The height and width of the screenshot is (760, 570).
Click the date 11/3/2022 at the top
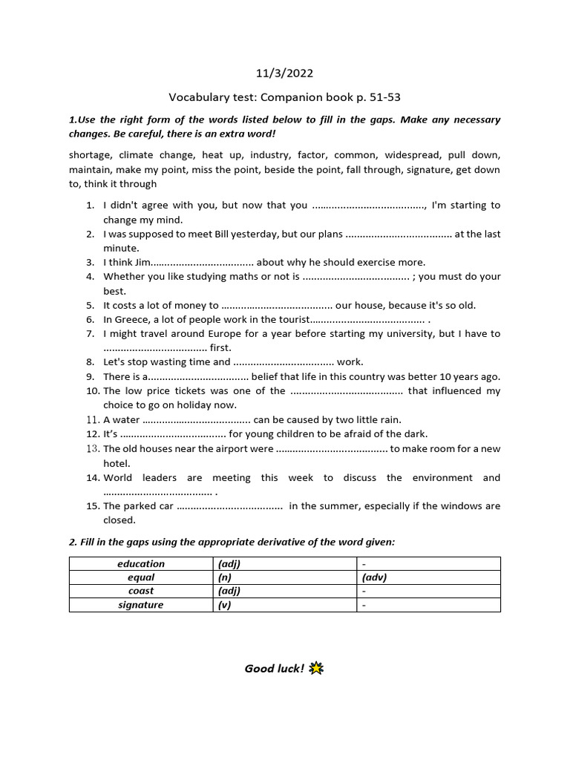[284, 73]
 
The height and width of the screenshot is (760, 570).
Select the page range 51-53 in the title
[384, 97]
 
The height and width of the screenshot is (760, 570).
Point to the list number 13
[93, 448]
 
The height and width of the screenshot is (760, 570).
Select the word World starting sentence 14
[119, 477]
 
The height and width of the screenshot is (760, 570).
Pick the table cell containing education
[141, 563]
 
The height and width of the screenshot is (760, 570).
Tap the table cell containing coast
[141, 591]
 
